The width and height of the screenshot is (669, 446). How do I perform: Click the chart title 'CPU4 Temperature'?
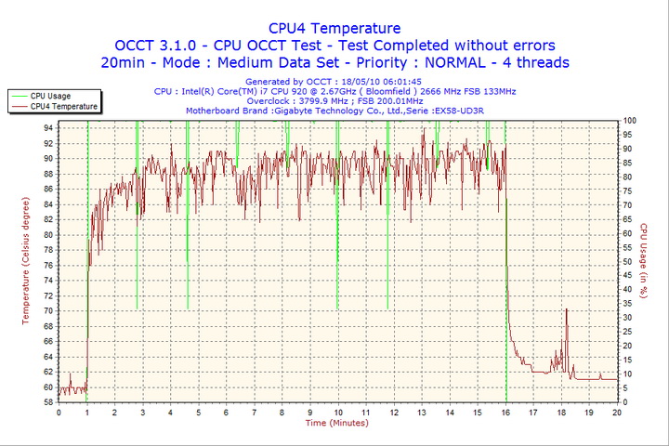pos(334,28)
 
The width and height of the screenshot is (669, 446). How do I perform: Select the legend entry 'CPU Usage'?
pos(50,96)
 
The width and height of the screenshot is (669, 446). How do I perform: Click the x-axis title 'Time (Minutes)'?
pos(336,423)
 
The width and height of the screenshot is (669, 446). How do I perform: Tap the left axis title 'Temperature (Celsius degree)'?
pos(26,260)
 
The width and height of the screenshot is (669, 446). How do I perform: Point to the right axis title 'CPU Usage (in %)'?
pos(642,261)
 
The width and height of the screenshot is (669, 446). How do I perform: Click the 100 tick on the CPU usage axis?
pos(630,121)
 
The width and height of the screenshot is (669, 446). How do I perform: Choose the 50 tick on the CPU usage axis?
pos(628,262)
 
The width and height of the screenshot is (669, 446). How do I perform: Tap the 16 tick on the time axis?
pos(505,412)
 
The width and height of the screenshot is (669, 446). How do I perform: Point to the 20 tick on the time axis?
pos(617,412)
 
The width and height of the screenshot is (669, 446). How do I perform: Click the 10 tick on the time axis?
pos(337,412)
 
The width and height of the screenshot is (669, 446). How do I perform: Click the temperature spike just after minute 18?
pos(566,311)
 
